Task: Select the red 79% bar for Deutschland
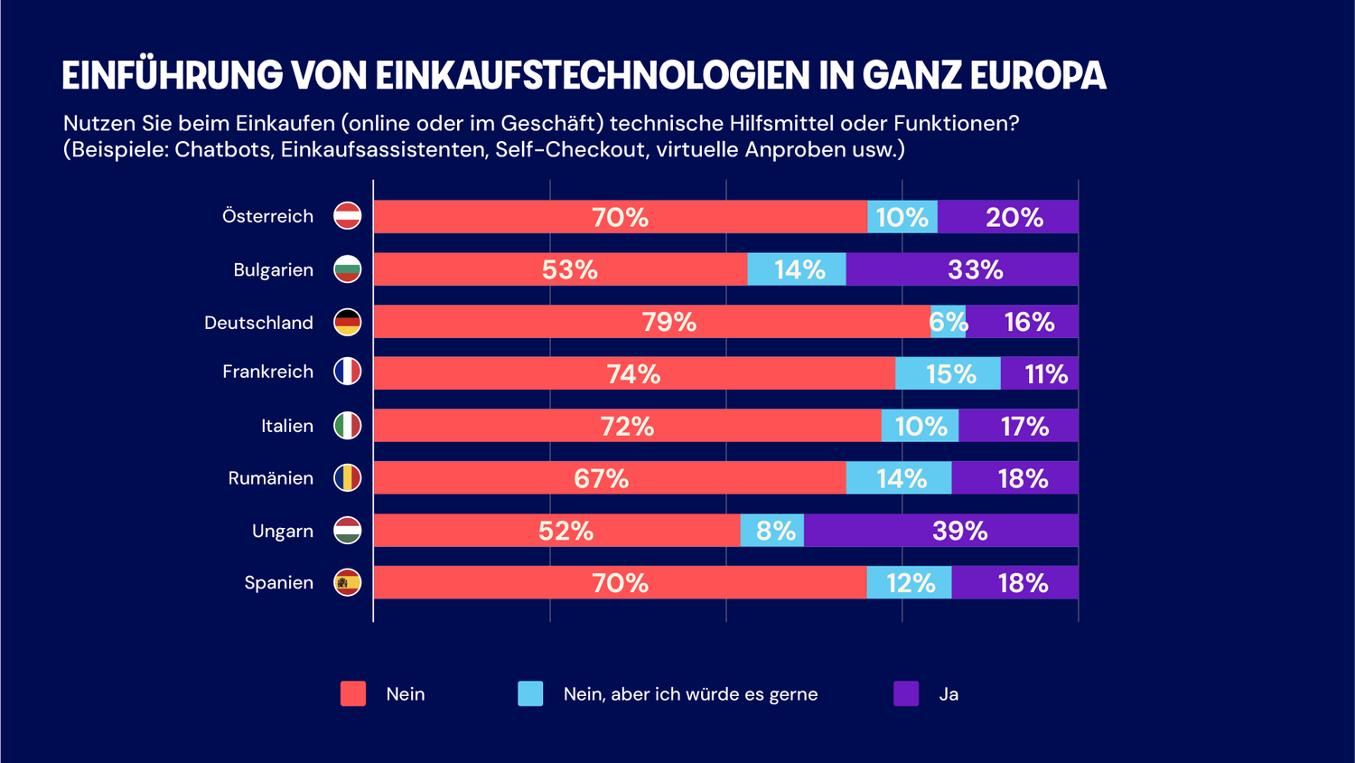click(x=651, y=322)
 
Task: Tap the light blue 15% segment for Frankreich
click(x=948, y=373)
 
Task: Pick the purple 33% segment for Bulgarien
click(x=961, y=269)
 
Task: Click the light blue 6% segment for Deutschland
click(x=948, y=322)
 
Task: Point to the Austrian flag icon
click(x=348, y=216)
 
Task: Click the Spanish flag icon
click(x=348, y=583)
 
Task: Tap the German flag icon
click(x=348, y=322)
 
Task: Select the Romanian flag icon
click(x=348, y=478)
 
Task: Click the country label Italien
click(x=287, y=426)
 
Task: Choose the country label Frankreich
click(x=267, y=372)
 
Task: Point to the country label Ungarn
click(x=282, y=531)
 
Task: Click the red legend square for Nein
click(x=353, y=693)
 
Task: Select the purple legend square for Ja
click(x=906, y=693)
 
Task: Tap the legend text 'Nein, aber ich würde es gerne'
click(x=690, y=694)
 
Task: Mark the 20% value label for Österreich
click(x=1014, y=217)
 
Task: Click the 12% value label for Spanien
click(x=910, y=583)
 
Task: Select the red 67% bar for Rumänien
click(x=610, y=478)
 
